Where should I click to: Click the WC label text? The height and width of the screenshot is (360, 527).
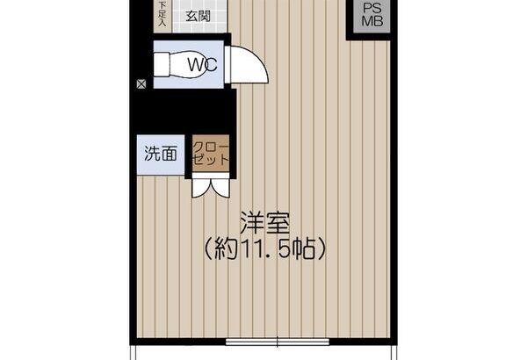point(202,65)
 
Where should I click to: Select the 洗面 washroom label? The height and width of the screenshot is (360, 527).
point(161,154)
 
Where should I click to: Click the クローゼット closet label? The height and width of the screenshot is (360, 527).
point(211,154)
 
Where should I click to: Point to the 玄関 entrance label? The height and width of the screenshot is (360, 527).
point(199,16)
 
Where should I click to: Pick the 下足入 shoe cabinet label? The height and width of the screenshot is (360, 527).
point(162,14)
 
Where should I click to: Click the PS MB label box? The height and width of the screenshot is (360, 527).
point(372,16)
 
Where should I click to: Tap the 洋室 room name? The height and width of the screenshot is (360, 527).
point(265,222)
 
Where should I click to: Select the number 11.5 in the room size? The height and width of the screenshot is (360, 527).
point(264,249)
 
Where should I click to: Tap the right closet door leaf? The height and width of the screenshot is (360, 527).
point(220,188)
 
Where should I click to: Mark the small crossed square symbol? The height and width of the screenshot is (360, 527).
point(141,84)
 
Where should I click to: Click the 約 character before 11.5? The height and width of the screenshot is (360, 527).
point(227,249)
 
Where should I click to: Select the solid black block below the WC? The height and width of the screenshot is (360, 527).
point(184,112)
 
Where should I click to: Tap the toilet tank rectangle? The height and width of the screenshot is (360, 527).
point(161,65)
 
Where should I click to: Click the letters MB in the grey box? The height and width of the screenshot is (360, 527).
point(372,21)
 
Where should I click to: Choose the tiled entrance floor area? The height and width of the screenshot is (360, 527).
point(199,16)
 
